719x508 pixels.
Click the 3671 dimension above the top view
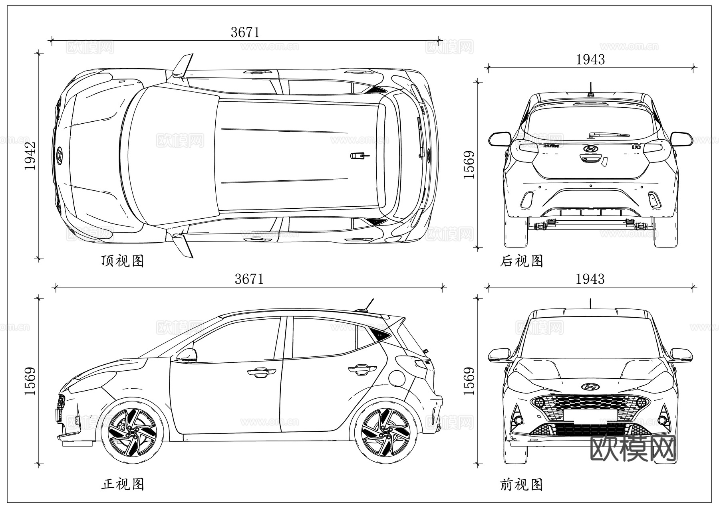tap(245, 32)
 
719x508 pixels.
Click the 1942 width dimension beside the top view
tap(30, 155)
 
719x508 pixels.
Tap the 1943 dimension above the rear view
tap(590, 60)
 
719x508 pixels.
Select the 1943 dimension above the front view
tap(590, 279)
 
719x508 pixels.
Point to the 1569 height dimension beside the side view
tap(30, 381)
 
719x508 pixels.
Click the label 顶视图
tap(122, 261)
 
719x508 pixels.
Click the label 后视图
tap(521, 261)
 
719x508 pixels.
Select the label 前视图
tap(521, 485)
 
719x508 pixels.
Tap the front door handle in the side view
tap(261, 373)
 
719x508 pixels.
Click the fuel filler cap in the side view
tap(397, 378)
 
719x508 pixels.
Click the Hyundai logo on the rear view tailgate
tap(590, 148)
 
